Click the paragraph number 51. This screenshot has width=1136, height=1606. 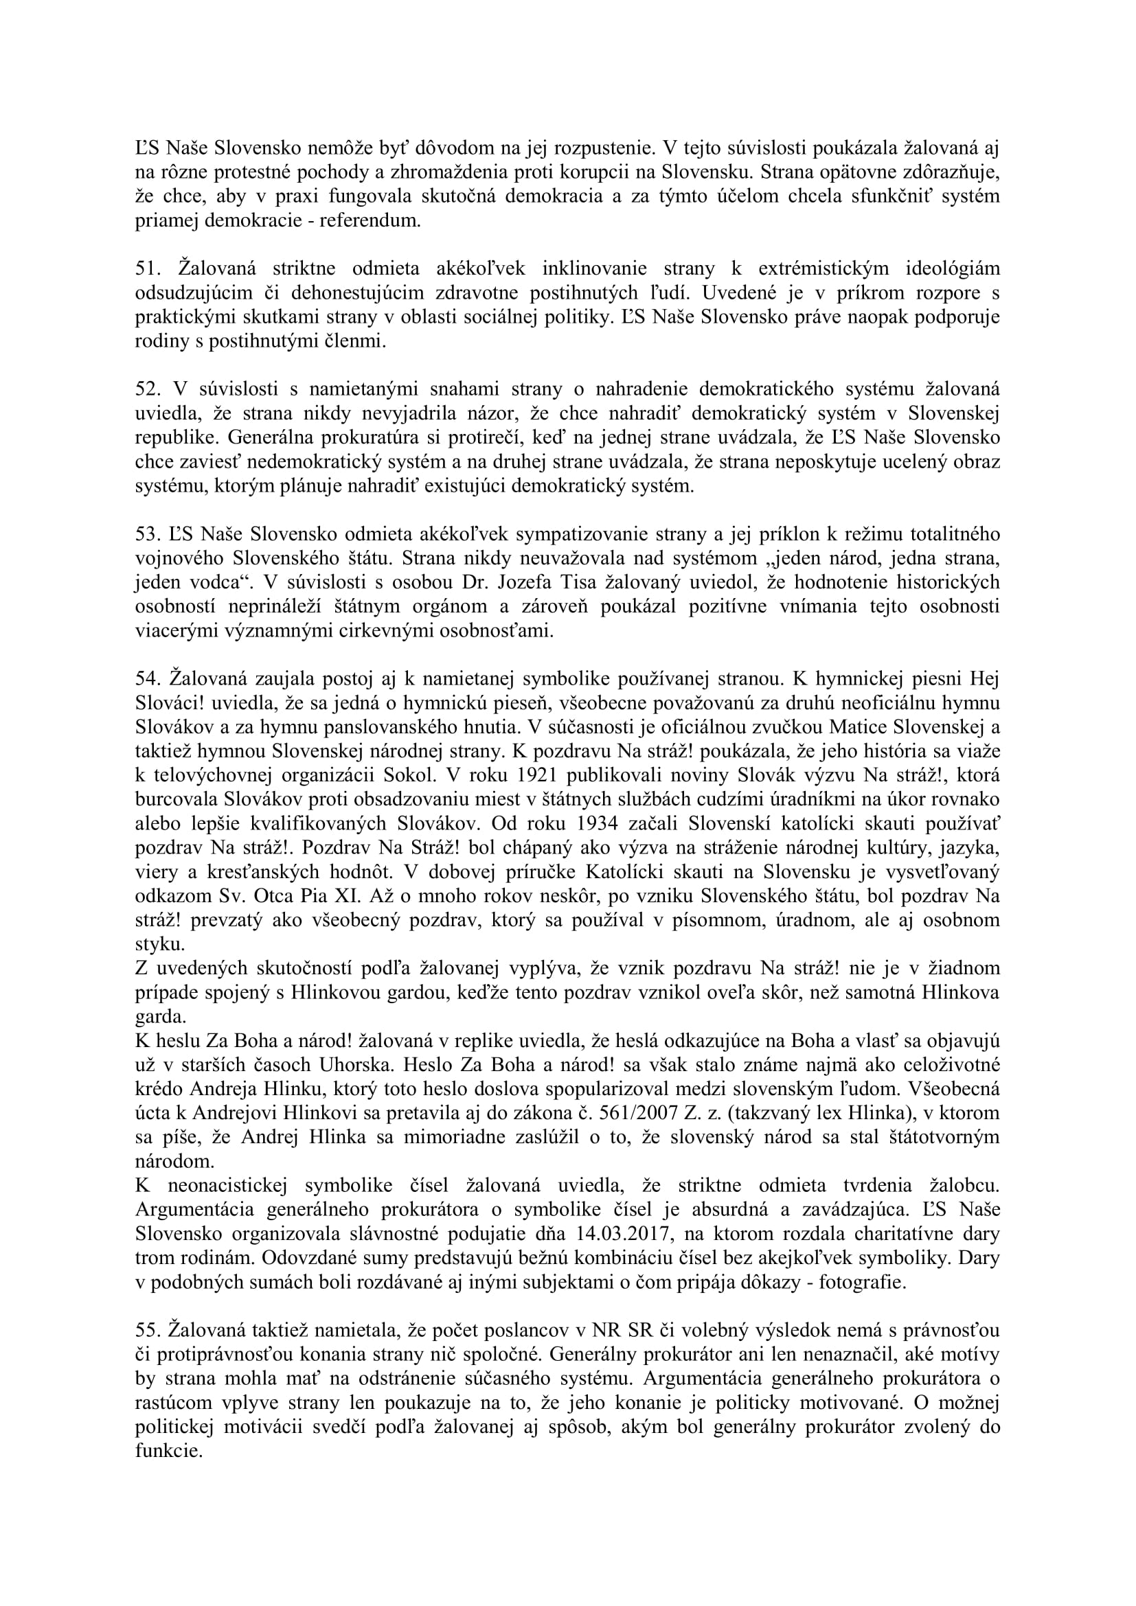tap(147, 268)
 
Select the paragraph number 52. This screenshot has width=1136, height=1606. tap(147, 389)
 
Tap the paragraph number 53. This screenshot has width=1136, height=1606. tap(147, 534)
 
